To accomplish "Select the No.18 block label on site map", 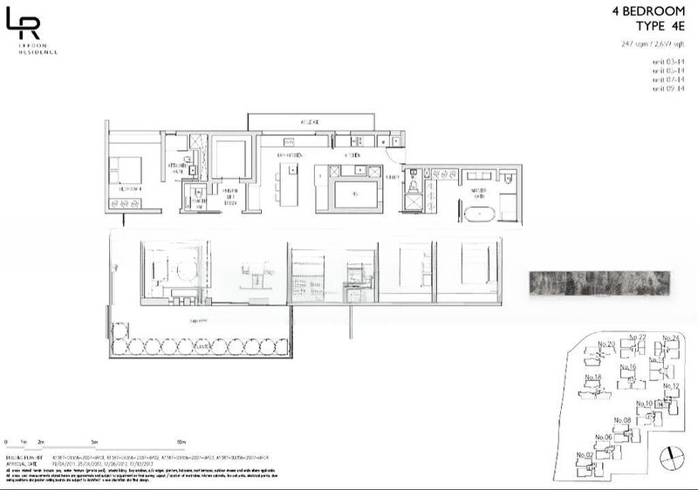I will pos(593,377).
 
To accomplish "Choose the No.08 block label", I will pos(622,420).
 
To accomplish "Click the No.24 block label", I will pos(671,337).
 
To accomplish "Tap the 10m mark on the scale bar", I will pos(181,443).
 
